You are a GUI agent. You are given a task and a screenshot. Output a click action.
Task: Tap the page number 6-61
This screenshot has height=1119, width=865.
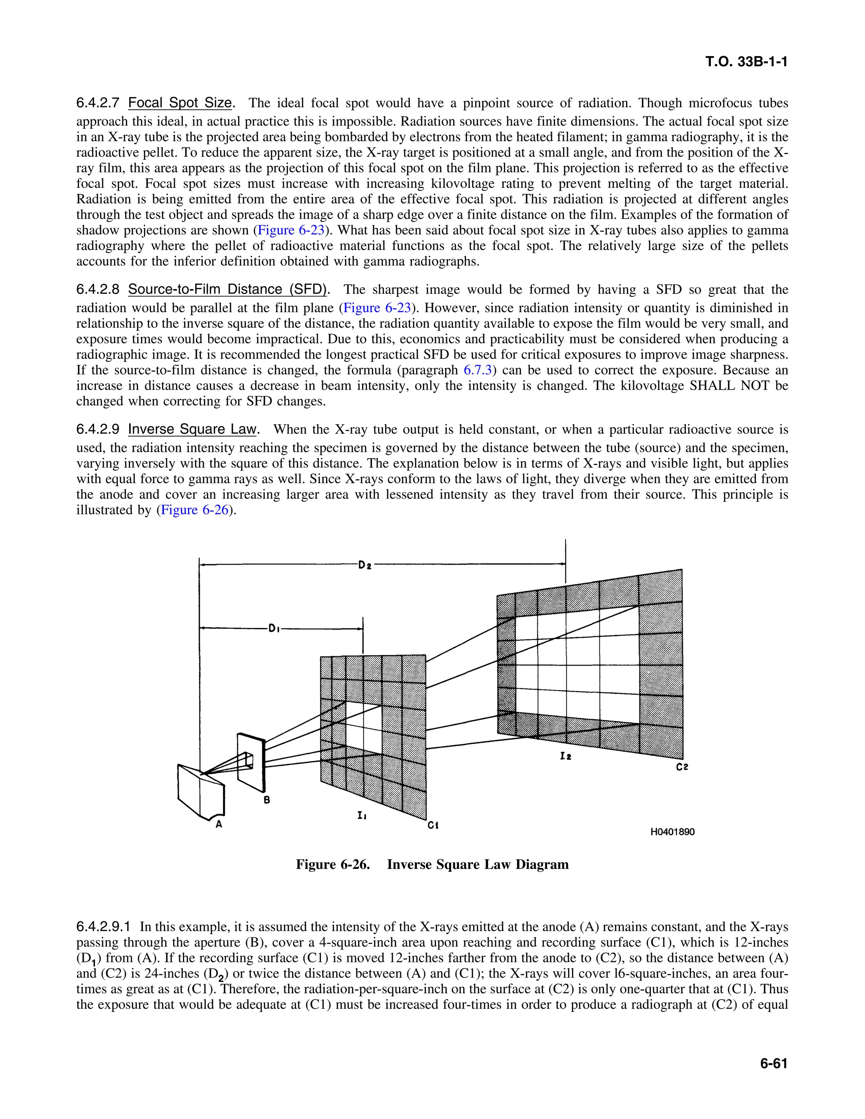coord(773,1064)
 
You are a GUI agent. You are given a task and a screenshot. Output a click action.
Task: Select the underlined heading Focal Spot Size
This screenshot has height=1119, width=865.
coord(180,103)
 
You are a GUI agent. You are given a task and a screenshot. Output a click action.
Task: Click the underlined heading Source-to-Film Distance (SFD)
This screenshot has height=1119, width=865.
coord(227,290)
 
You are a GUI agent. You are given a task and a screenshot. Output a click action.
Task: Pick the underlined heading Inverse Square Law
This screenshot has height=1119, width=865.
coord(191,429)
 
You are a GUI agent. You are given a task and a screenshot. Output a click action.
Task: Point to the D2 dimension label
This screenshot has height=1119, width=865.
coord(365,565)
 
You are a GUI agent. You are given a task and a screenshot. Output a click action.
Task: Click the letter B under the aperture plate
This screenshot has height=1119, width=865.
coord(267,799)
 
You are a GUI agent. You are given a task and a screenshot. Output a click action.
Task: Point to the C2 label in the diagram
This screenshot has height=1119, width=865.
coord(682,767)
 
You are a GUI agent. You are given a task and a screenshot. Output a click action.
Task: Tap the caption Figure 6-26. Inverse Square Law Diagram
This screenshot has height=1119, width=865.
coord(432,864)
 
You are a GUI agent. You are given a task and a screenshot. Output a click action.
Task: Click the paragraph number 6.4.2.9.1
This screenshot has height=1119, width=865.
coord(103,927)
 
